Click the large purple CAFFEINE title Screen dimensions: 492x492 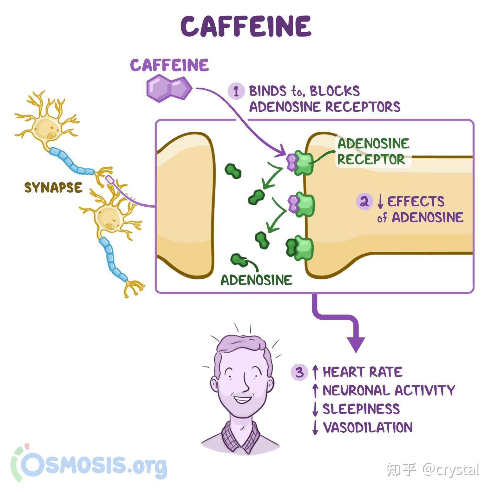246,26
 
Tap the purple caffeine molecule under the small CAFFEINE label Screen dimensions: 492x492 169,88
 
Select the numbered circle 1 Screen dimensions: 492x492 236,91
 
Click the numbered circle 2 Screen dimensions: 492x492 364,201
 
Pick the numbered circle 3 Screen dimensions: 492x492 299,372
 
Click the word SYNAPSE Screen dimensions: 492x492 53,188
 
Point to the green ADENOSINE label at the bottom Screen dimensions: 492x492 256,280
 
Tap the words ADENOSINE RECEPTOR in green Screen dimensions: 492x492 373,151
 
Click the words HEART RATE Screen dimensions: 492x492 362,372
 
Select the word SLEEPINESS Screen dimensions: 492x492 361,409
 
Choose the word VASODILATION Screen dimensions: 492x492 367,427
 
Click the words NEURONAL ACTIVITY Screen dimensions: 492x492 389,390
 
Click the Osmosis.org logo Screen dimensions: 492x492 89,464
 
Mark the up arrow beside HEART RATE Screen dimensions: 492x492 315,372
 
